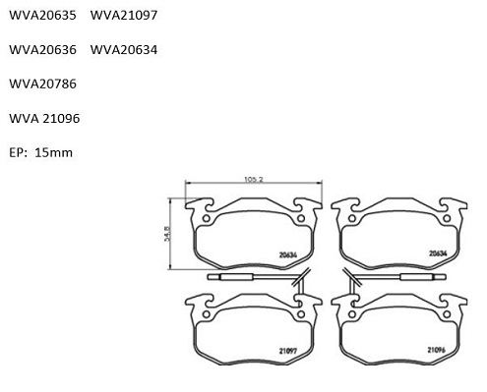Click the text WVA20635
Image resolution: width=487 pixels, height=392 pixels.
(42, 15)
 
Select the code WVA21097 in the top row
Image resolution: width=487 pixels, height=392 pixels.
(124, 15)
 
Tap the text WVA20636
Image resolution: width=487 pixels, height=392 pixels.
(42, 50)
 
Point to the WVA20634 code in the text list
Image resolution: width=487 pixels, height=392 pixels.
(124, 50)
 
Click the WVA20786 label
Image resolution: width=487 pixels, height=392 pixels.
(42, 84)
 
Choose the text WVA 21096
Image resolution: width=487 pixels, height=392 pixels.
(44, 118)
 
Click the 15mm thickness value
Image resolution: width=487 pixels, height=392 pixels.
(53, 152)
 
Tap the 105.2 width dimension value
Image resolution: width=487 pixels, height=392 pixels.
(254, 180)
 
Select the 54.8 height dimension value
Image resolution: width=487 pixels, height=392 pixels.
(167, 234)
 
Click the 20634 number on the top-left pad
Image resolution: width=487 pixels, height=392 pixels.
(288, 254)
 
